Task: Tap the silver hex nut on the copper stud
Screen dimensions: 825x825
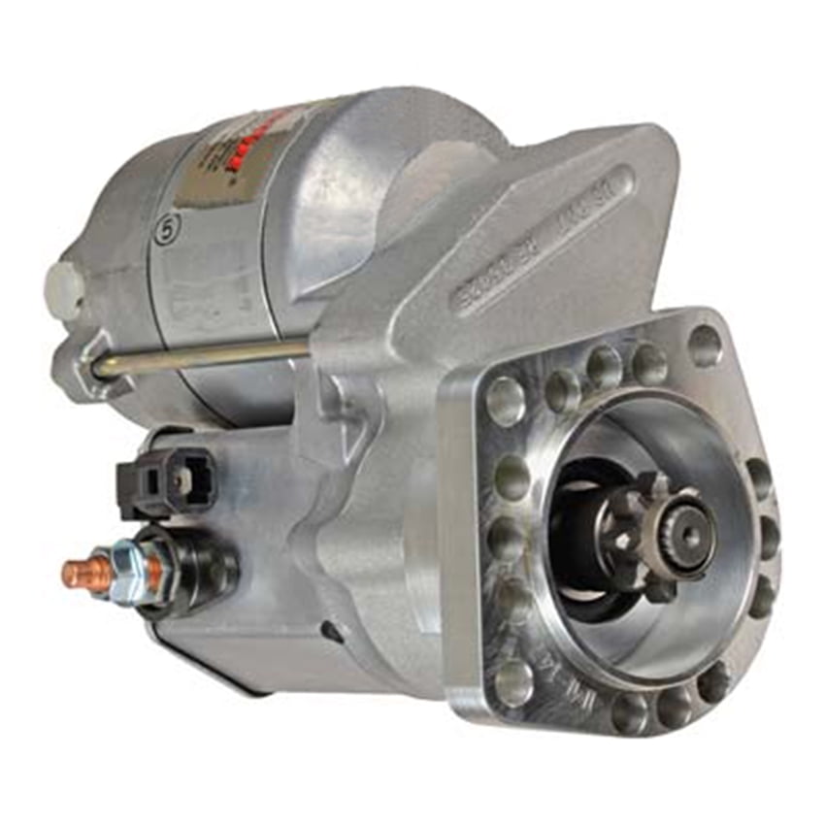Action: point(126,564)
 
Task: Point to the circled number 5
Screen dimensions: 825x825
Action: point(168,232)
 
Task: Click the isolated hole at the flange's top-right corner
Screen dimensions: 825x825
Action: point(705,344)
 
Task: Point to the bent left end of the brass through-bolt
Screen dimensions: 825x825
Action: point(101,368)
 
